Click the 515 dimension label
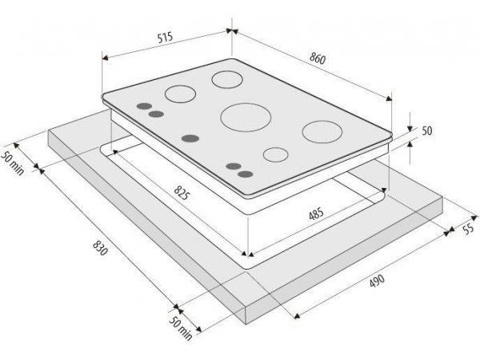tap(166, 37)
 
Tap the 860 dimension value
tap(318, 58)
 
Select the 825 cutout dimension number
tap(182, 193)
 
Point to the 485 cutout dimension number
tap(316, 214)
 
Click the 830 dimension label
tap(101, 248)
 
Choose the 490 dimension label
tap(377, 281)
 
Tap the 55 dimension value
tap(468, 229)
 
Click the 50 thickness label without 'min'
tap(427, 130)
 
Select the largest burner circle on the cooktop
tap(246, 118)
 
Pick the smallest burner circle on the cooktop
tap(275, 154)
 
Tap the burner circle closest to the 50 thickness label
tap(322, 132)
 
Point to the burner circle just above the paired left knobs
tap(180, 94)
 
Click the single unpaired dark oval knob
tap(190, 138)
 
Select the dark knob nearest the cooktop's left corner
tap(144, 106)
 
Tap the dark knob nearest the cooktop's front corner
tap(246, 174)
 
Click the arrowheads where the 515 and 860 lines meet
tap(232, 31)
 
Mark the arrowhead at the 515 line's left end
tap(105, 58)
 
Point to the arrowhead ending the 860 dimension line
tap(389, 98)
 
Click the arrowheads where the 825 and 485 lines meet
tap(247, 254)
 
